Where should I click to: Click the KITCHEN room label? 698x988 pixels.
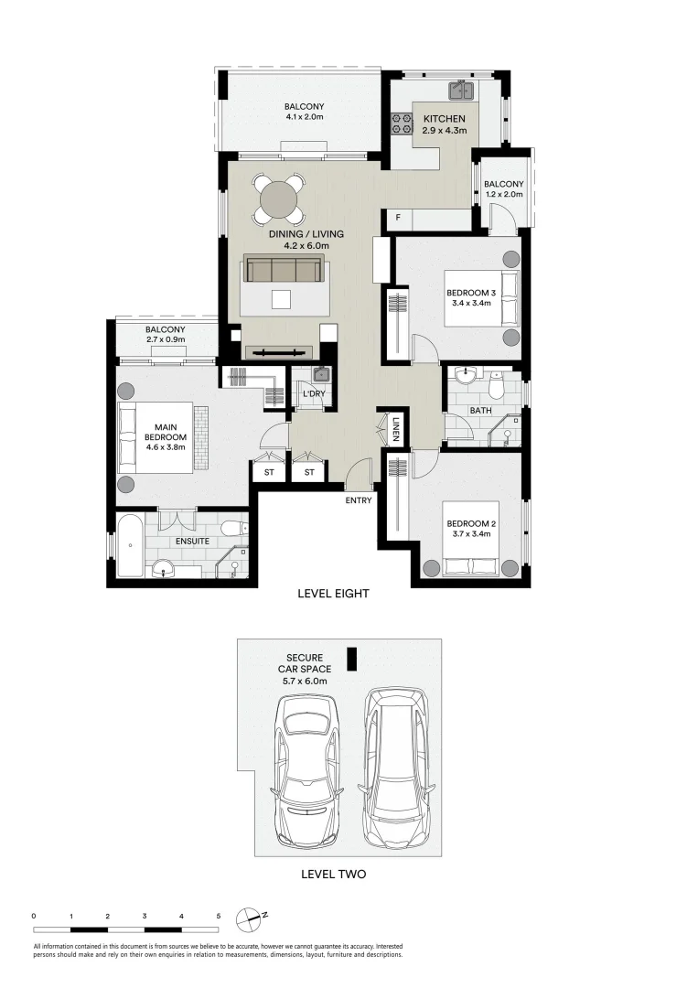point(444,119)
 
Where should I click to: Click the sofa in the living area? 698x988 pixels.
point(283,270)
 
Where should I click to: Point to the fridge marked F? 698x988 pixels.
point(398,219)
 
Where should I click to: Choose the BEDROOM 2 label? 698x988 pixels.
point(469,524)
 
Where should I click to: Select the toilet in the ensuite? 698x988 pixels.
point(234,528)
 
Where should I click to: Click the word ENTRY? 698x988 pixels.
point(359,500)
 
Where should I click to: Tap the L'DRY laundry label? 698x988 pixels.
point(313,394)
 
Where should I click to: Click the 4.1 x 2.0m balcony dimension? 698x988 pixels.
point(304,117)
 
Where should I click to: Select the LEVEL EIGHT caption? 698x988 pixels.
point(333,594)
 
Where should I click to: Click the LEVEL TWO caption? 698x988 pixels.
point(333,875)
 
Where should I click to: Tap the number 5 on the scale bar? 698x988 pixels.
point(219,916)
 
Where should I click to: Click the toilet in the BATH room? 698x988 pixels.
point(496,388)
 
